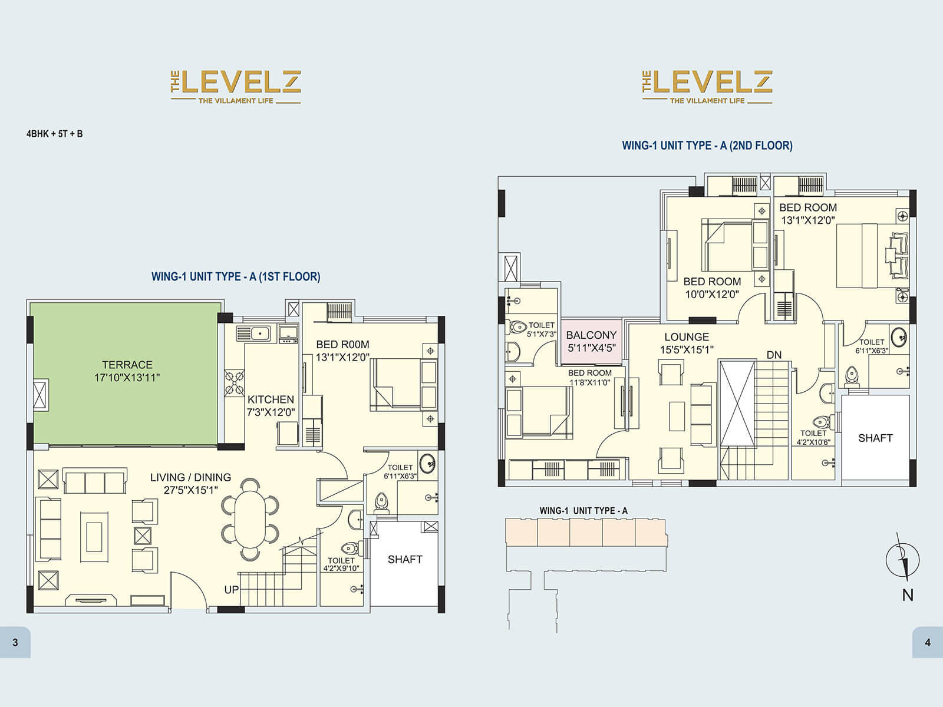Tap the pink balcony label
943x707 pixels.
pos(591,341)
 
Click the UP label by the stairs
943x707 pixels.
pos(231,590)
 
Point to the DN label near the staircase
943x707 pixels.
pos(774,355)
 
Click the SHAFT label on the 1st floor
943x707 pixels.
pos(405,559)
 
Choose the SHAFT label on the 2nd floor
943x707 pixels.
pos(875,438)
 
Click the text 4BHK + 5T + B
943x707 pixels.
pos(54,134)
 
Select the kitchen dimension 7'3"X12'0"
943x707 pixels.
pos(271,412)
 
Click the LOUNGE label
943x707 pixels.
pos(687,337)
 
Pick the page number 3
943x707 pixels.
pos(15,642)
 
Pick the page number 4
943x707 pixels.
pos(928,642)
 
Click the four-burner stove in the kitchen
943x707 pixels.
pos(234,382)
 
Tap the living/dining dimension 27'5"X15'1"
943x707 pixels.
pos(191,490)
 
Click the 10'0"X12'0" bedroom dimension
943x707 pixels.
pos(711,294)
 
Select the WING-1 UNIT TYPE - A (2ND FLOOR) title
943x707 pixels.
pos(707,146)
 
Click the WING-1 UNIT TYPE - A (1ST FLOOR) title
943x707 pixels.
pos(236,276)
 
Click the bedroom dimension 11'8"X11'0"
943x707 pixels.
pos(590,383)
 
